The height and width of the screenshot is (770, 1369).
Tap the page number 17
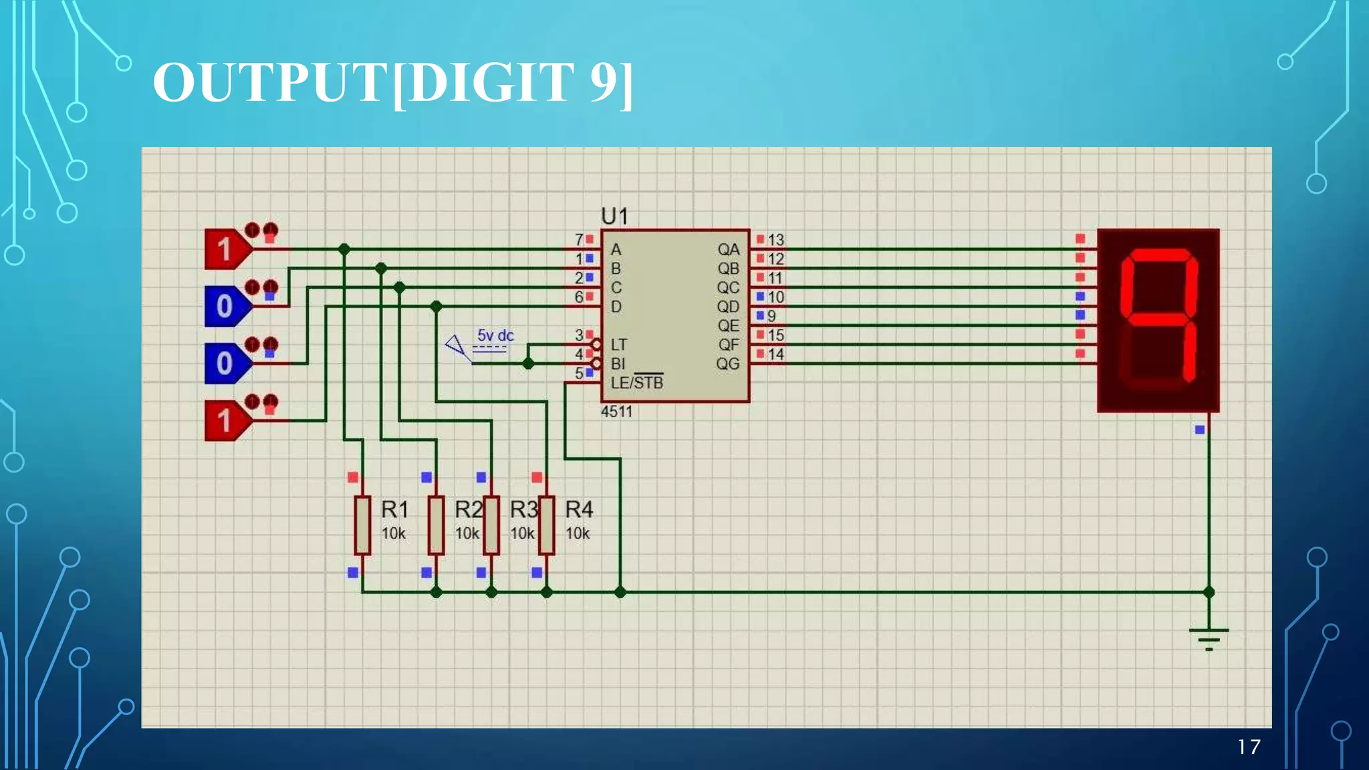[x=1249, y=747]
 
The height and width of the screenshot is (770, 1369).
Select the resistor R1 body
[x=362, y=525]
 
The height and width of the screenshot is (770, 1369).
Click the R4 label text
[x=579, y=510]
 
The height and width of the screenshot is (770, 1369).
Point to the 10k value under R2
[x=467, y=533]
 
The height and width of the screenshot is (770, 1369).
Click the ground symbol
[x=1209, y=638]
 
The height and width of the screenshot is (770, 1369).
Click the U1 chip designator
[x=614, y=216]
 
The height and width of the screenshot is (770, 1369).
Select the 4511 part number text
[x=616, y=412]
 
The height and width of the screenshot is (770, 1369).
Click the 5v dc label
[x=495, y=336]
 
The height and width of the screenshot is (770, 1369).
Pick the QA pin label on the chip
[x=729, y=249]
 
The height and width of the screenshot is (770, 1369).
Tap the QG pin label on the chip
[x=728, y=364]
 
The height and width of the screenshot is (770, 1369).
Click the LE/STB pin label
[x=637, y=383]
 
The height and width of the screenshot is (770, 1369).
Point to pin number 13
[x=775, y=239]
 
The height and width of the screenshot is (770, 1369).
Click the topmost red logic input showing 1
[x=225, y=249]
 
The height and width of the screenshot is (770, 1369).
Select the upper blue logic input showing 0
[x=225, y=306]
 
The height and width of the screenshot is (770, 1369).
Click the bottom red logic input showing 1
[x=225, y=421]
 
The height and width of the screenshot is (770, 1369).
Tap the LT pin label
[x=619, y=345]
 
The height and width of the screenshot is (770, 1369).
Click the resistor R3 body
[x=491, y=525]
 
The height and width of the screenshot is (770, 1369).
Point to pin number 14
[x=775, y=354]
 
